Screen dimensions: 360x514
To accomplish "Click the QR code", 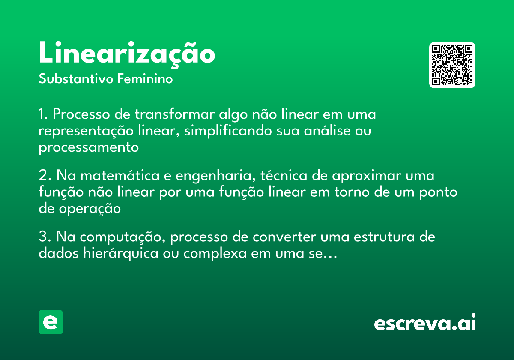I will tap(452, 65).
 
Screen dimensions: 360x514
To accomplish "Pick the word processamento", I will tap(89, 147).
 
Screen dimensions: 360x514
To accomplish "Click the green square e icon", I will tap(51, 322).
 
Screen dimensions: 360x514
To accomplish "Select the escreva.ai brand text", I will tap(425, 323).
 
